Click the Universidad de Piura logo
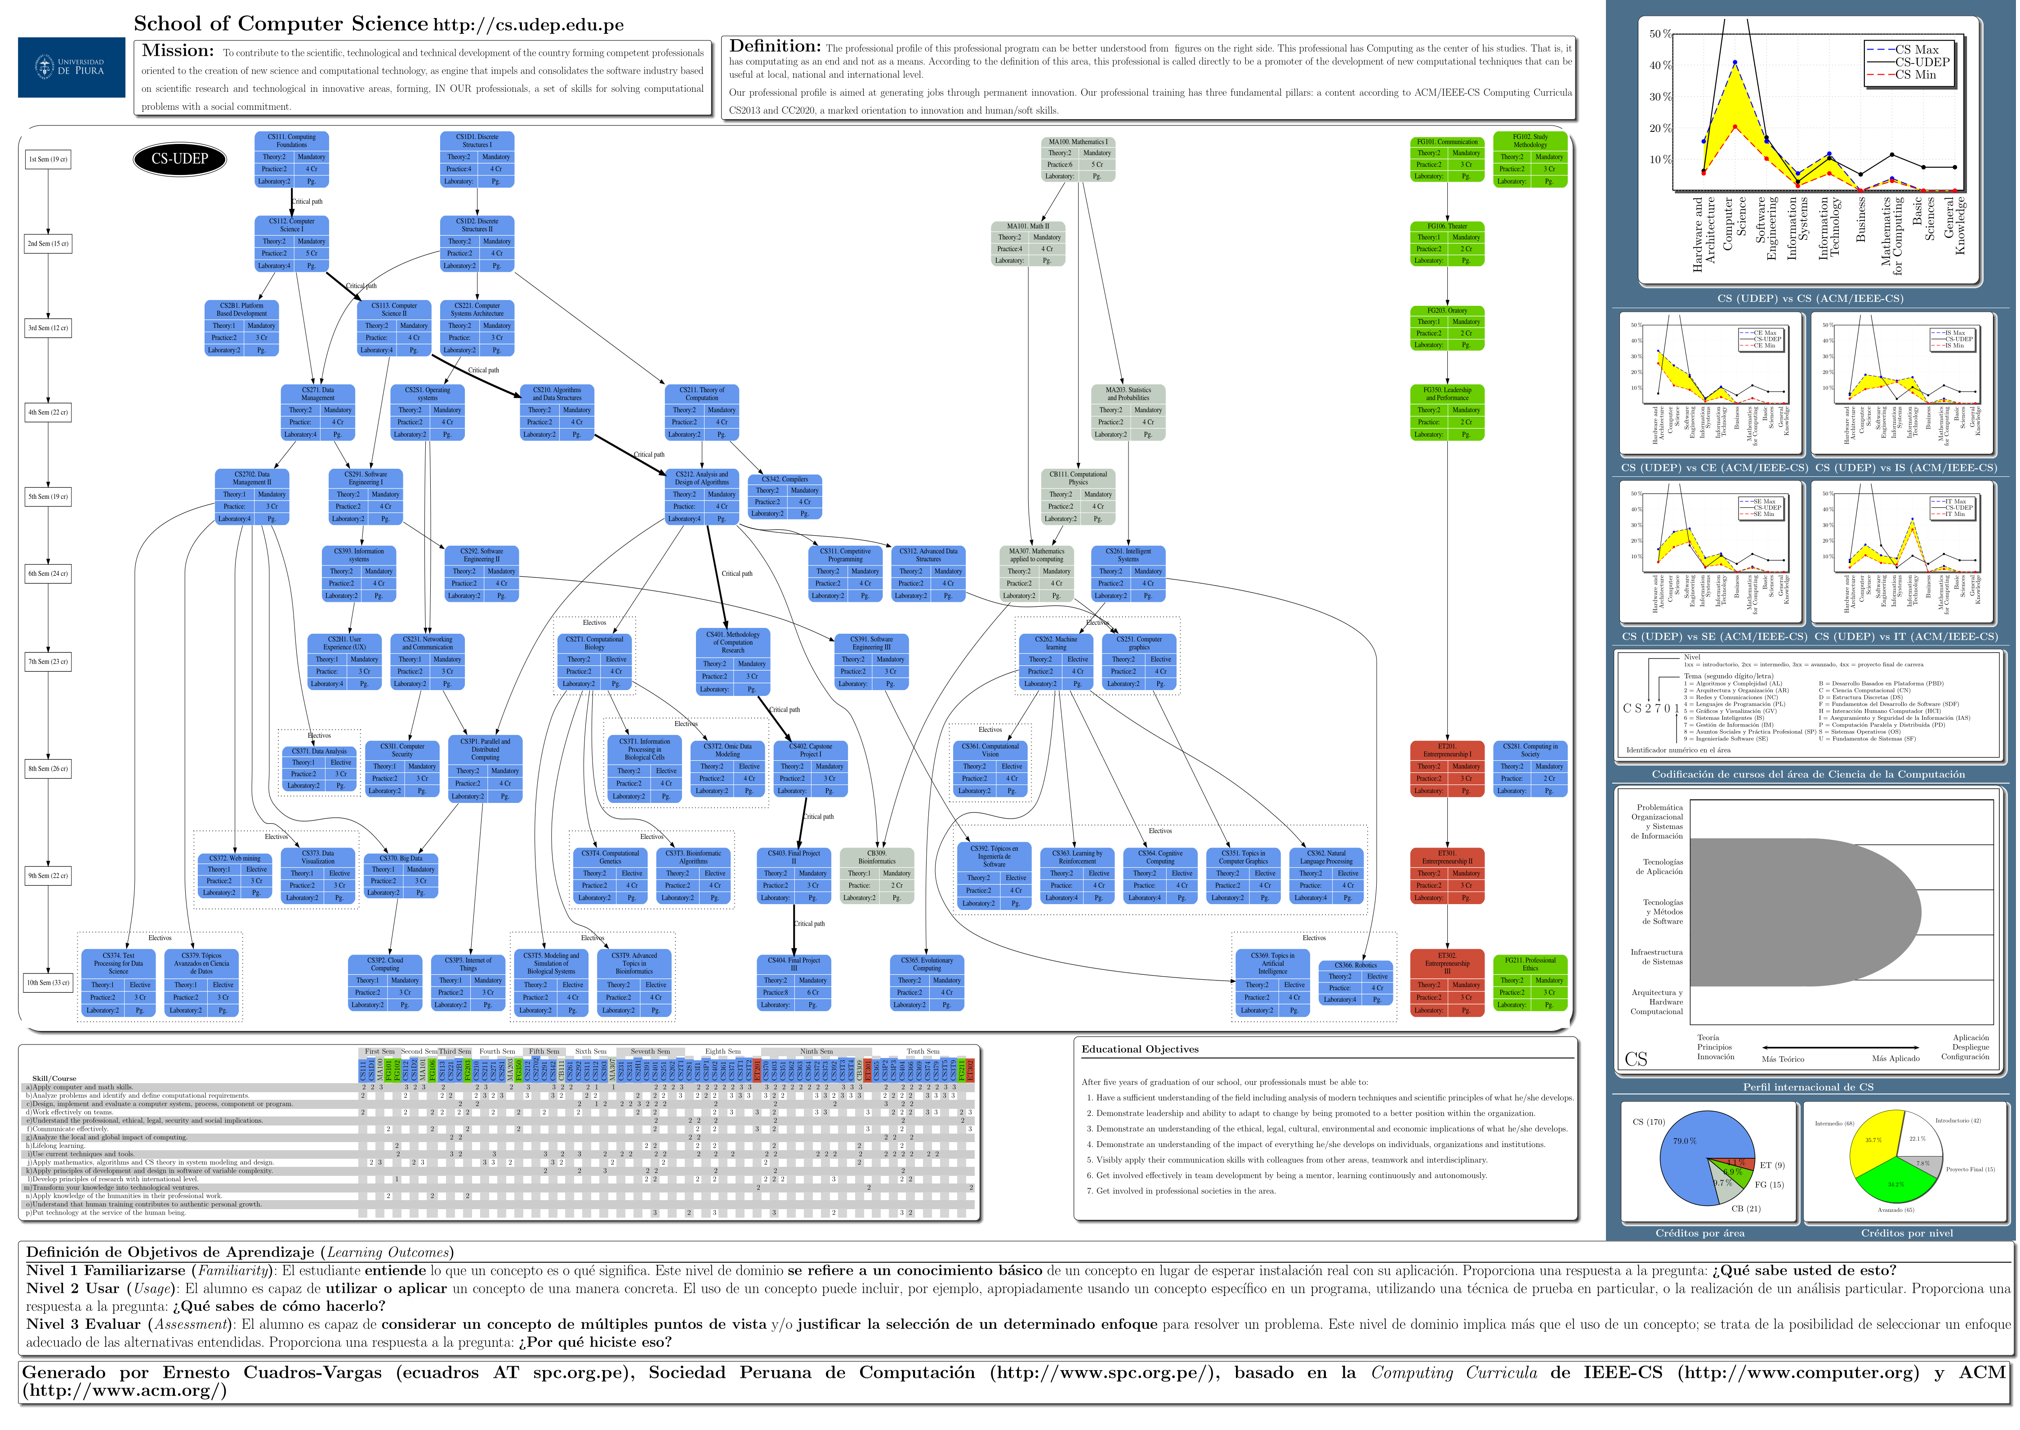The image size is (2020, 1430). pos(71,67)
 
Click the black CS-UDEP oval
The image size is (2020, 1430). pos(179,159)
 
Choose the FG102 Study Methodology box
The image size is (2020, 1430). pos(1530,159)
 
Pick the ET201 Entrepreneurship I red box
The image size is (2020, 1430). pos(1447,769)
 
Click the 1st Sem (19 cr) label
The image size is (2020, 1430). pos(49,159)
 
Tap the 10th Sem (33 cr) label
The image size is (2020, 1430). pos(49,983)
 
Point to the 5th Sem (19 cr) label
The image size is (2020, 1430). pos(49,497)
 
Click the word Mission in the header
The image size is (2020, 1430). pos(178,51)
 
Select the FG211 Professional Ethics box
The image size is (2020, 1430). pos(1530,983)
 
